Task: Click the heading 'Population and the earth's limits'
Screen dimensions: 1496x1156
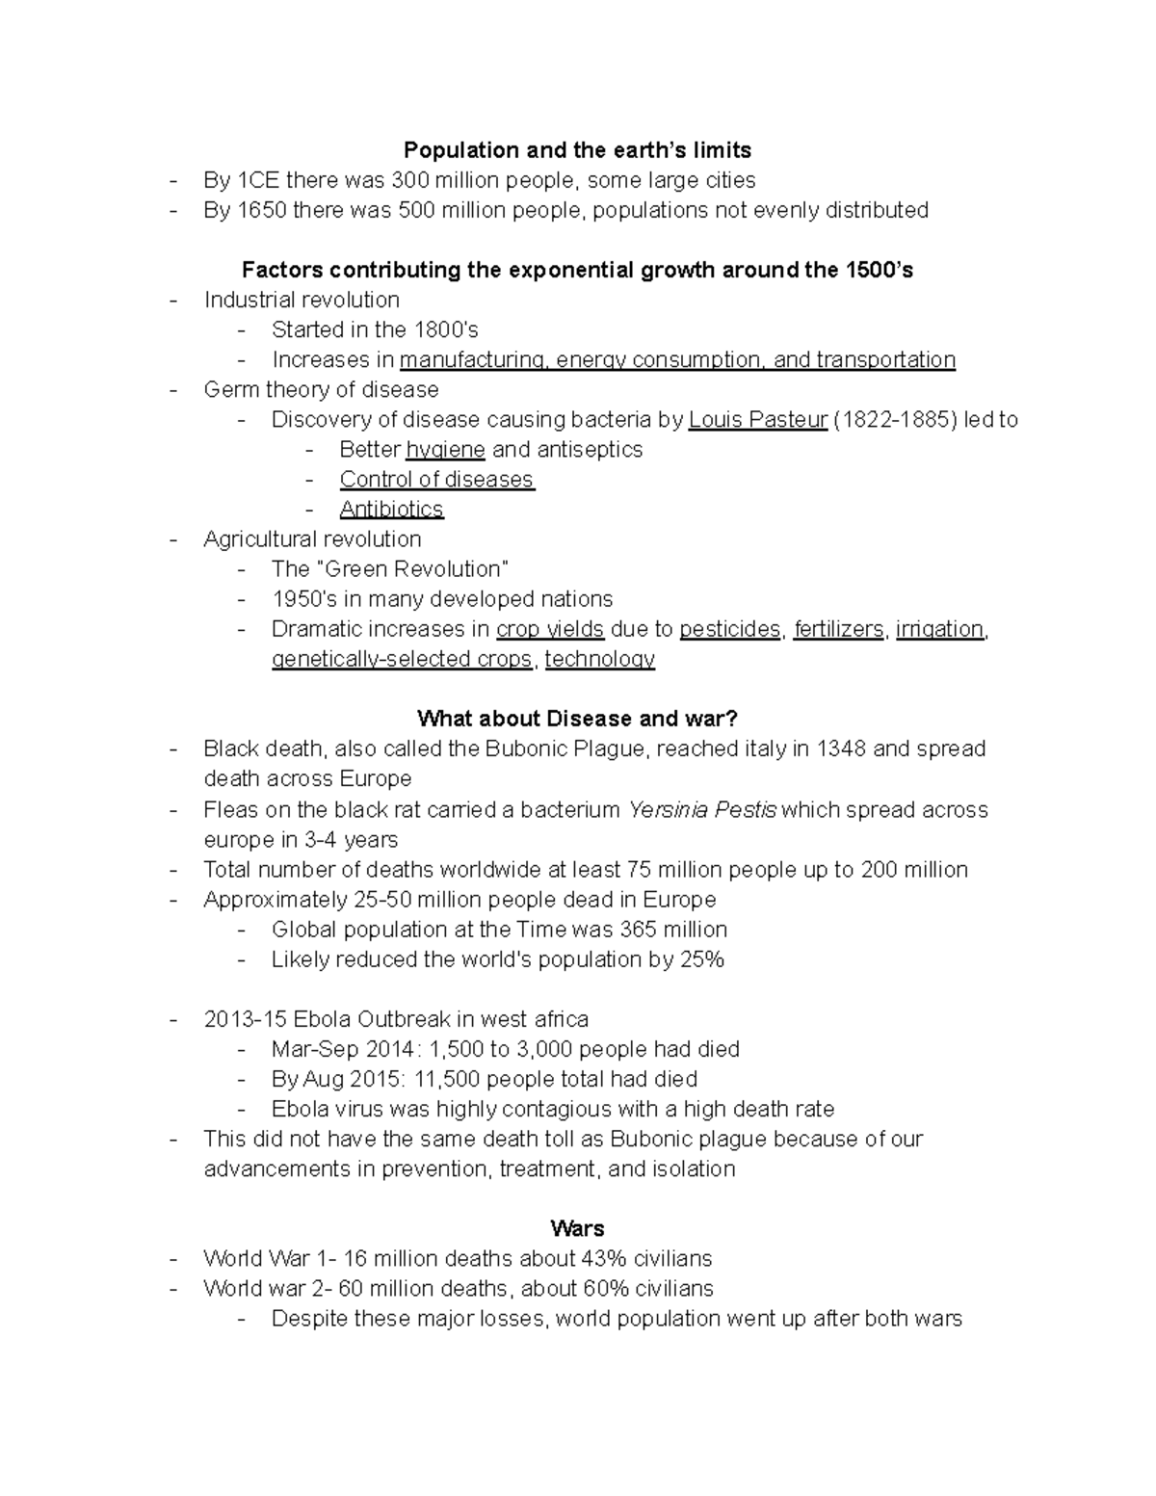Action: [577, 150]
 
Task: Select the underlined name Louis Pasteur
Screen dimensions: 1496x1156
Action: [758, 419]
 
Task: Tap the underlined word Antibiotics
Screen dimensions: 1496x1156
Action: [391, 509]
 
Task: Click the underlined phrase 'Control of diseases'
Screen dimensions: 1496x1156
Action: [436, 479]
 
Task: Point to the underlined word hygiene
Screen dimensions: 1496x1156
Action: [445, 449]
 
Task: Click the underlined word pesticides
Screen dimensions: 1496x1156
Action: [729, 629]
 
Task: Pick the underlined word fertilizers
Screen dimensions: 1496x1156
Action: [838, 629]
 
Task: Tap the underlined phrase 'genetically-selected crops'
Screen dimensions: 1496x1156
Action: [402, 659]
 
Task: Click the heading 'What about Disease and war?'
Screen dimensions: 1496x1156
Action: [577, 719]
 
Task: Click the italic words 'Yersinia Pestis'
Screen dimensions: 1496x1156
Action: [702, 809]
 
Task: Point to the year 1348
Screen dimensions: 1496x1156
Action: [841, 748]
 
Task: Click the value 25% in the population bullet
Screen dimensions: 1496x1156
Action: [701, 958]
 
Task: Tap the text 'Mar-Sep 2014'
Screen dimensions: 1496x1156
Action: [332, 1048]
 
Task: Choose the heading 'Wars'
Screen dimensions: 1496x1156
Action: [577, 1228]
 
